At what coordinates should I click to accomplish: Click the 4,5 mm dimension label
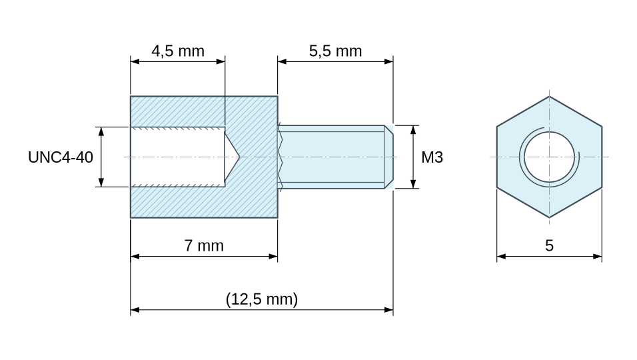pos(177,51)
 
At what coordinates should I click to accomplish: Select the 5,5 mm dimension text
pos(335,51)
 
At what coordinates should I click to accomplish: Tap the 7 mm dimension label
pos(204,246)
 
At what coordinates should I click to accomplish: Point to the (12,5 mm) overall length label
pos(262,299)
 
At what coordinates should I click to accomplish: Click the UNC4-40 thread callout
pos(61,157)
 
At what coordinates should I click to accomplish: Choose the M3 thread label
pos(432,157)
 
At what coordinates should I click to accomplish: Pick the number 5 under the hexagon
pos(549,246)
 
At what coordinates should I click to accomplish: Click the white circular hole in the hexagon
pos(549,157)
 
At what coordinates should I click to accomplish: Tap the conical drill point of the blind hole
pos(232,157)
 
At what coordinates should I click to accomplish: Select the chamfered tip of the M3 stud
pos(388,157)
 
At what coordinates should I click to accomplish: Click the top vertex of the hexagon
pos(549,96)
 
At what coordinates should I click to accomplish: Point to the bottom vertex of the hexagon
pos(549,218)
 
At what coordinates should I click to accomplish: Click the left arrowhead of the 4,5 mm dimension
pos(135,62)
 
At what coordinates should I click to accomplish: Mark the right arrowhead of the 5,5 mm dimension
pos(388,62)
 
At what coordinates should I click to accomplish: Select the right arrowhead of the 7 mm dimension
pos(273,257)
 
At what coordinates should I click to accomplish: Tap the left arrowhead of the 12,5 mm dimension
pos(135,309)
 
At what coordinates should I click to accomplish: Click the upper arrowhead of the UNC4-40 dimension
pos(101,131)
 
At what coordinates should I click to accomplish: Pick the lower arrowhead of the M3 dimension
pos(414,184)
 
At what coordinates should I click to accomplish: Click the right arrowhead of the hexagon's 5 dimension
pos(598,257)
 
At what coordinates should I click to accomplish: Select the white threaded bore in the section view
pos(177,157)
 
